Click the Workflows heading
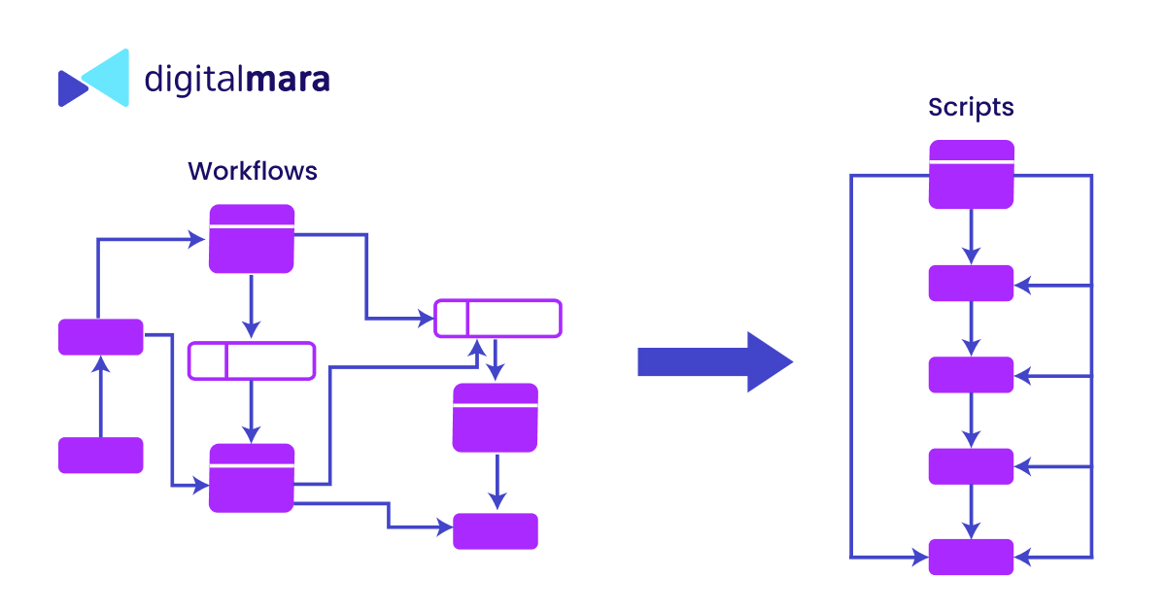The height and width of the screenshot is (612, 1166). click(x=253, y=171)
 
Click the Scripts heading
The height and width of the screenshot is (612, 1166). click(x=971, y=107)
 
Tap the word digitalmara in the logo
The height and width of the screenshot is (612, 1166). click(x=237, y=79)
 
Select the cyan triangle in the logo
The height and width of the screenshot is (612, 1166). click(x=107, y=77)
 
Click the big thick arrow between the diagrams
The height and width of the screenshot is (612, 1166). click(x=714, y=361)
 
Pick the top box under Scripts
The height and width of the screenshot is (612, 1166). click(x=972, y=174)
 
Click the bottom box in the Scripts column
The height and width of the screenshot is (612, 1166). click(x=971, y=557)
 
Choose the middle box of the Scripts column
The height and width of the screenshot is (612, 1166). click(x=971, y=374)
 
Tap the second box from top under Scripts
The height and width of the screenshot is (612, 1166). click(x=971, y=283)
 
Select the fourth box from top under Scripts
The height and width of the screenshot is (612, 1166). click(x=971, y=465)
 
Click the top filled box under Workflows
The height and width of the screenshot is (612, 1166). click(x=252, y=238)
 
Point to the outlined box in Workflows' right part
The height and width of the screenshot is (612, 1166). click(x=497, y=318)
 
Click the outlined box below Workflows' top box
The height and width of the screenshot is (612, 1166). click(x=252, y=360)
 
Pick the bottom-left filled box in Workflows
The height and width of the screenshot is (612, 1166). click(x=101, y=455)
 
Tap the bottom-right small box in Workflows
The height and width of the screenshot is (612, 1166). click(x=496, y=530)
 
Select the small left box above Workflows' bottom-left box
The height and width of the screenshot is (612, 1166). click(x=101, y=336)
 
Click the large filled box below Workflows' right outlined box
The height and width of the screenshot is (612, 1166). click(x=496, y=417)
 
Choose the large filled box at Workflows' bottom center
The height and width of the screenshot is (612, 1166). click(x=252, y=477)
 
